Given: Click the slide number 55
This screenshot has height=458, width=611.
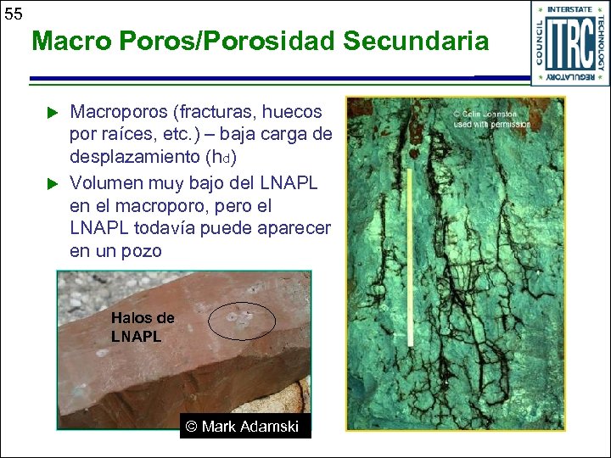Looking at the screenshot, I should [x=14, y=14].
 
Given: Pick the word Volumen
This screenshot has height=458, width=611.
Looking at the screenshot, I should [x=107, y=182].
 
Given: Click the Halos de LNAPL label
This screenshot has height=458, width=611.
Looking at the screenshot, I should [x=142, y=327].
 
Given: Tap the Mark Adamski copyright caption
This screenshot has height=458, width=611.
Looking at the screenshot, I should [x=244, y=427].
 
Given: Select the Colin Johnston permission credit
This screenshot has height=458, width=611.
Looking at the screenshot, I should [x=492, y=119].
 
